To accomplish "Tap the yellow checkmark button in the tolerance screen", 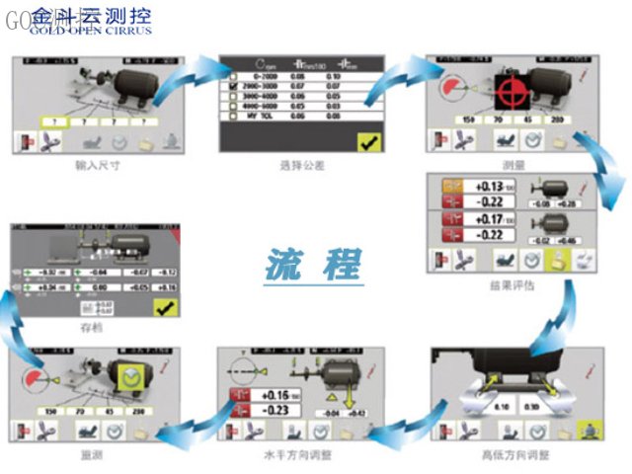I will [368, 142].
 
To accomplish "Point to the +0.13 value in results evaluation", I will [491, 186].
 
